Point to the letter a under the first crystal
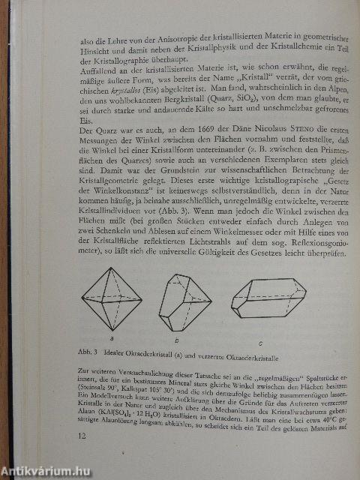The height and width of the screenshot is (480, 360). coord(112,339)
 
